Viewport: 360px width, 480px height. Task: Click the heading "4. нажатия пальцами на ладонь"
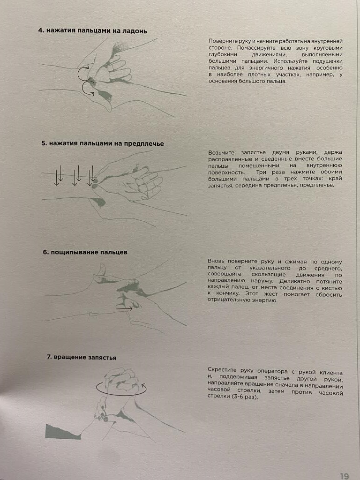point(92,31)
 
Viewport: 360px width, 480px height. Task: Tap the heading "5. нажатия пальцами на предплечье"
point(103,143)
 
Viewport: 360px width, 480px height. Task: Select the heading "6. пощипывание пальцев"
point(85,252)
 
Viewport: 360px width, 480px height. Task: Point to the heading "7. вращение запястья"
point(82,357)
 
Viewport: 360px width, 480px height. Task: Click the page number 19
point(345,476)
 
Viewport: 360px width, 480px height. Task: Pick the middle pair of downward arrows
point(76,175)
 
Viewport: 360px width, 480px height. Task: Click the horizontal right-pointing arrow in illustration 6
point(124,309)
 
